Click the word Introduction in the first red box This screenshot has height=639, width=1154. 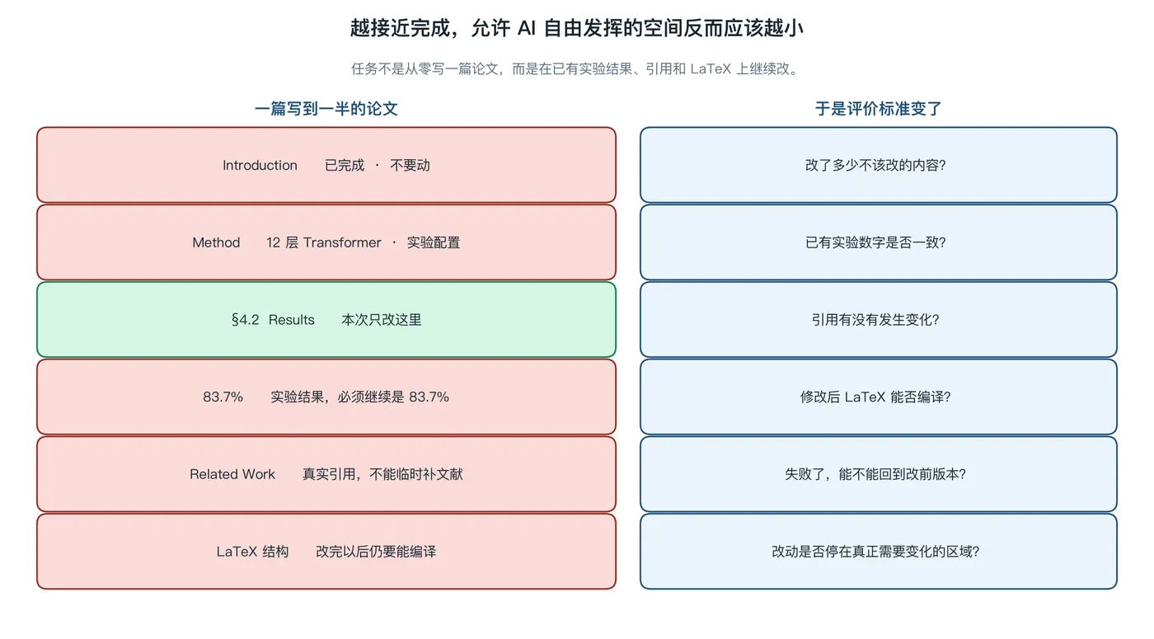click(x=260, y=165)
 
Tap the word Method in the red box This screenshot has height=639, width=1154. click(x=216, y=242)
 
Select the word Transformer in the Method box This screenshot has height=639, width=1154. click(x=342, y=242)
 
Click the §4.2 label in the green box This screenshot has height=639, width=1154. click(x=246, y=320)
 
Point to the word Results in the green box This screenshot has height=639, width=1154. click(x=292, y=320)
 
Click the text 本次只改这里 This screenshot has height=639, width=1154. click(x=381, y=320)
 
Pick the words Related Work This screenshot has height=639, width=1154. click(x=232, y=474)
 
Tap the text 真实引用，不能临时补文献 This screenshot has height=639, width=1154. click(x=382, y=474)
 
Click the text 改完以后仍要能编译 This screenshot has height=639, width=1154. click(x=376, y=552)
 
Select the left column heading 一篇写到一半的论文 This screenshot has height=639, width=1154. click(x=326, y=109)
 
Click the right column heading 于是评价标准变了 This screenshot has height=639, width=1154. click(x=879, y=109)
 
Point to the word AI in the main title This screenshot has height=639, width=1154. click(x=527, y=28)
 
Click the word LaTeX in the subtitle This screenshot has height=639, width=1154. click(x=711, y=68)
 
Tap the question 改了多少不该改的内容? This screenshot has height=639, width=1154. click(x=875, y=165)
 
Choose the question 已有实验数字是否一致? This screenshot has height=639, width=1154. click(x=875, y=242)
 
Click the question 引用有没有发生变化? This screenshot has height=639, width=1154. click(x=875, y=320)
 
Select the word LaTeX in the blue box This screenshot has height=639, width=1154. click(x=865, y=397)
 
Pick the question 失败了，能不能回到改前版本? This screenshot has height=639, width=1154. click(x=875, y=474)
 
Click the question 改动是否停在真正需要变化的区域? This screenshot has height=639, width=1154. click(x=875, y=552)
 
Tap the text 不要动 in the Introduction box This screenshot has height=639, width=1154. click(x=410, y=165)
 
